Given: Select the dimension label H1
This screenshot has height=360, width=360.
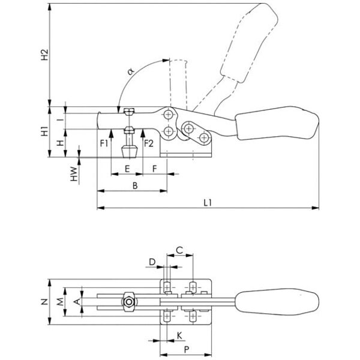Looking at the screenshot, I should (43, 132).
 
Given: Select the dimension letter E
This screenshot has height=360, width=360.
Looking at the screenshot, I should (127, 169).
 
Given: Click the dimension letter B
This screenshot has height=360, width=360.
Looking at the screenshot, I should (135, 187).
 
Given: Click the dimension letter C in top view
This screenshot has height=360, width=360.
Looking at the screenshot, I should (179, 249).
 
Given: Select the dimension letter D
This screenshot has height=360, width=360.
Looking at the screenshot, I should (152, 262).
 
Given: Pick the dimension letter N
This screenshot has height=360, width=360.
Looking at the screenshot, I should (43, 302).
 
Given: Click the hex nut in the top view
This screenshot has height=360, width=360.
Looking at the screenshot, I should (128, 301).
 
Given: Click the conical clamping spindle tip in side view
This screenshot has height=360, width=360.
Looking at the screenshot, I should (128, 148).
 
